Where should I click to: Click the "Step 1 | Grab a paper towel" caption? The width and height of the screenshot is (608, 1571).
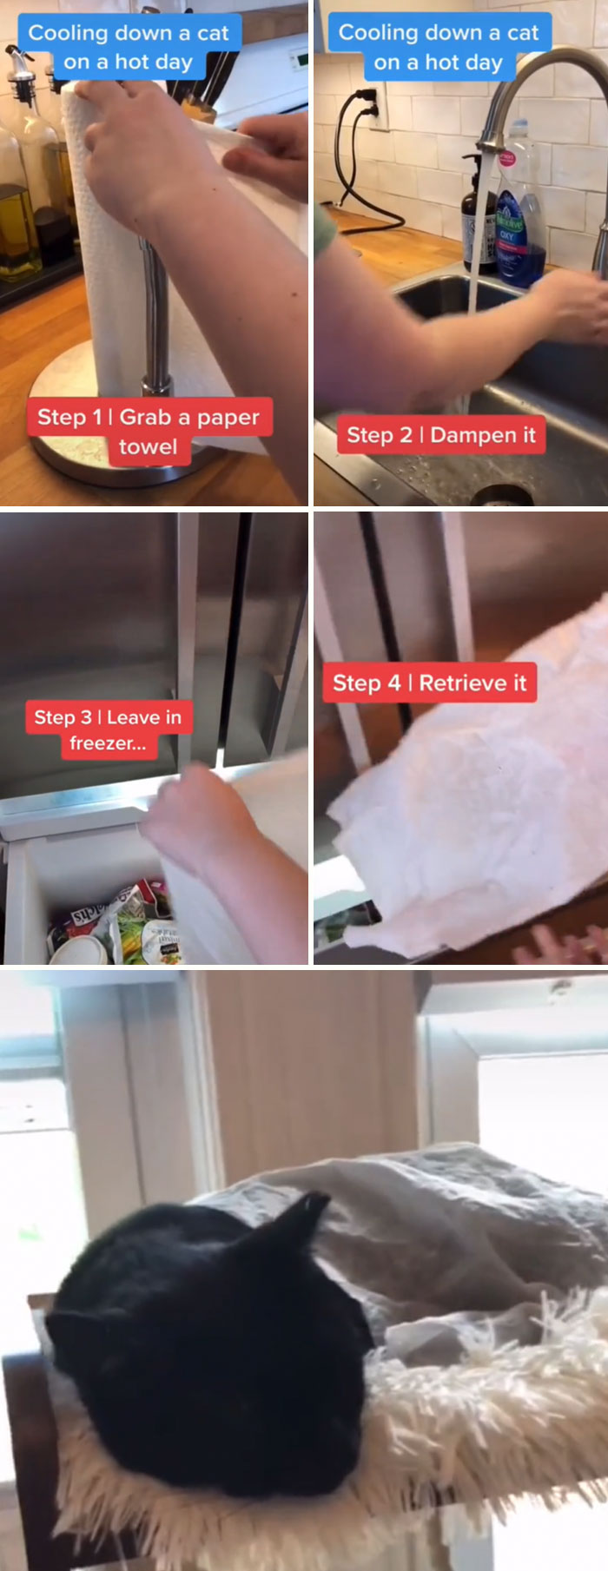pyautogui.click(x=149, y=431)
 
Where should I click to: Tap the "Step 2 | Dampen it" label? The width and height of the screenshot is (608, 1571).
pyautogui.click(x=440, y=435)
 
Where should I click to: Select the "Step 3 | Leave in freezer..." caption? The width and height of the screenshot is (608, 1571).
pyautogui.click(x=108, y=729)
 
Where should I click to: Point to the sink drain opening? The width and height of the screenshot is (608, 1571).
pyautogui.click(x=501, y=495)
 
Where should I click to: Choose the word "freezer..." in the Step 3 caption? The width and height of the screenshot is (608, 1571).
pyautogui.click(x=108, y=743)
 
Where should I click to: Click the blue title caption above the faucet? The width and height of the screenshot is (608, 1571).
pyautogui.click(x=439, y=47)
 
